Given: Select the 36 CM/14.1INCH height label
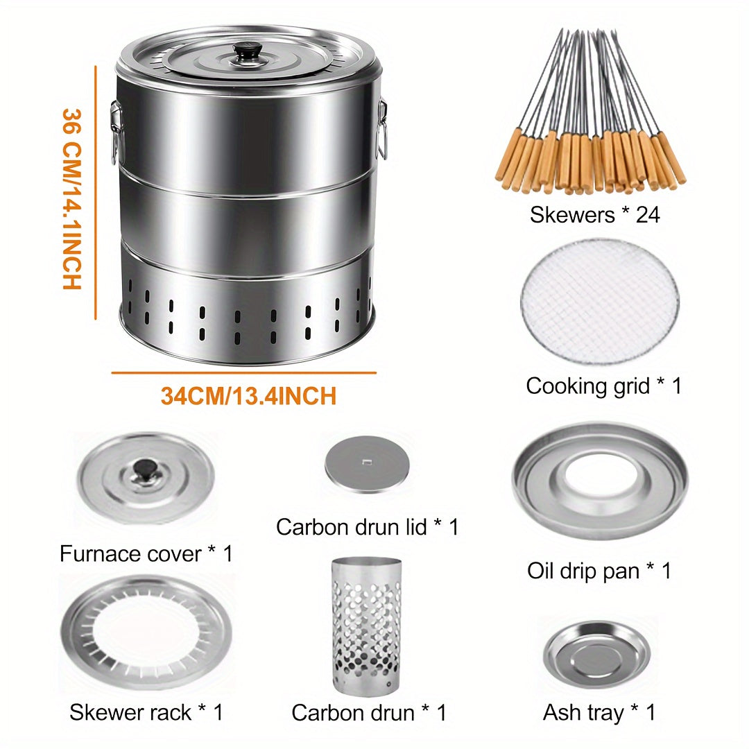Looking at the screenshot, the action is tap(72, 199).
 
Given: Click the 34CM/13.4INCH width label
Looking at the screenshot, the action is tap(248, 396).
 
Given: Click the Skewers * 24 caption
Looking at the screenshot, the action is tap(595, 214).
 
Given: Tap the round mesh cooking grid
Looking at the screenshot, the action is tap(599, 302).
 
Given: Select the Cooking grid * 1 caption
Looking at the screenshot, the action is tap(604, 386).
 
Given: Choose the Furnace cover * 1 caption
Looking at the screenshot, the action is tap(146, 553).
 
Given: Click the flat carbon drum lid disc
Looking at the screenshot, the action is tap(367, 463).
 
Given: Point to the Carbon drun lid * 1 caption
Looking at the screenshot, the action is tap(367, 527).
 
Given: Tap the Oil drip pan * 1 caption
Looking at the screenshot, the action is tap(599, 570).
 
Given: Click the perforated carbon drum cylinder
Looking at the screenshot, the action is tap(366, 626).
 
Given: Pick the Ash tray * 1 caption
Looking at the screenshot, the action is tap(599, 713).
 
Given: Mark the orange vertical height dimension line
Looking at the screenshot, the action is tap(96, 193).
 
